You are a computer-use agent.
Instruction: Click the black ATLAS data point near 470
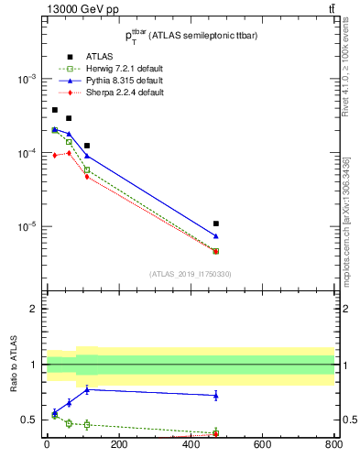(x=215, y=224)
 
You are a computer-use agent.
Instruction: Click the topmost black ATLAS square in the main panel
(x=54, y=110)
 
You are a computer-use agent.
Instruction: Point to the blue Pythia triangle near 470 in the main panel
(x=215, y=236)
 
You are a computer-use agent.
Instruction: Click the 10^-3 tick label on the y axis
(x=26, y=80)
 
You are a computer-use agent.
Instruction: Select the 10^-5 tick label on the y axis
(x=26, y=226)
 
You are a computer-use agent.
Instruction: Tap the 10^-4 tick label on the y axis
(x=26, y=153)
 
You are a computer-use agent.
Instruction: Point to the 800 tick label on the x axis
(x=333, y=445)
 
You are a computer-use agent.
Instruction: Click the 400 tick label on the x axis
(x=190, y=445)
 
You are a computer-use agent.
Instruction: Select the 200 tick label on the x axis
(x=118, y=445)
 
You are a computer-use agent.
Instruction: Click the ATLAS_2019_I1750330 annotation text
(x=191, y=274)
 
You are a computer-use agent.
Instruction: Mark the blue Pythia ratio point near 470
(x=215, y=395)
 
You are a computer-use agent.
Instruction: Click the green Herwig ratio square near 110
(x=87, y=424)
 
